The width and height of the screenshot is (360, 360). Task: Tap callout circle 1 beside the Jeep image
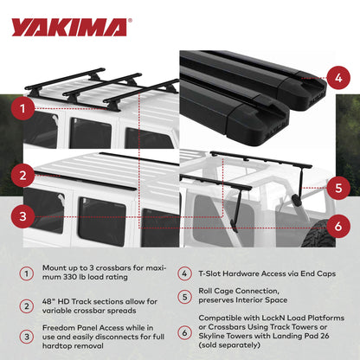point(28,110)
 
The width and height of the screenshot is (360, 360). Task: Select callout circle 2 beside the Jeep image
point(28,176)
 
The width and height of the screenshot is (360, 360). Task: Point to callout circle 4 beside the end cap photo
point(339,77)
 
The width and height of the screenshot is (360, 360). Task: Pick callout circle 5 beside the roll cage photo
point(339,185)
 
